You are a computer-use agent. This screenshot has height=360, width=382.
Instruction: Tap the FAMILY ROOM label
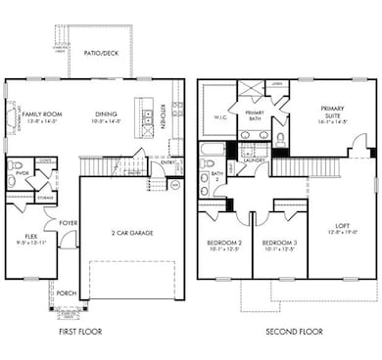[43, 114]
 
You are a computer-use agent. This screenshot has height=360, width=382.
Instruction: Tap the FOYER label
[68, 223]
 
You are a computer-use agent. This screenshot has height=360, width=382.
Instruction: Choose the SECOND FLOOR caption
[291, 333]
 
